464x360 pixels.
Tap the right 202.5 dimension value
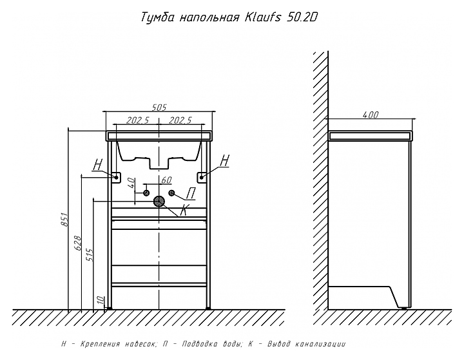pos(180,119)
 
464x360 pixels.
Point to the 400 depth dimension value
pos(370,115)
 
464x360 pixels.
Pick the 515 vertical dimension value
pos(90,255)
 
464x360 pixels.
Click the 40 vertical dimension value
pos(131,183)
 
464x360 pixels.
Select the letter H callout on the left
pos(97,166)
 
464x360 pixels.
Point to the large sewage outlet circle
pos(159,202)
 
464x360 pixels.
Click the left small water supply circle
pos(147,193)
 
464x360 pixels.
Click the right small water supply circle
pos(171,193)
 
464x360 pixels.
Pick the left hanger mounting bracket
pos(117,176)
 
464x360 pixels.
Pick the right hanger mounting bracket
pos(202,176)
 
